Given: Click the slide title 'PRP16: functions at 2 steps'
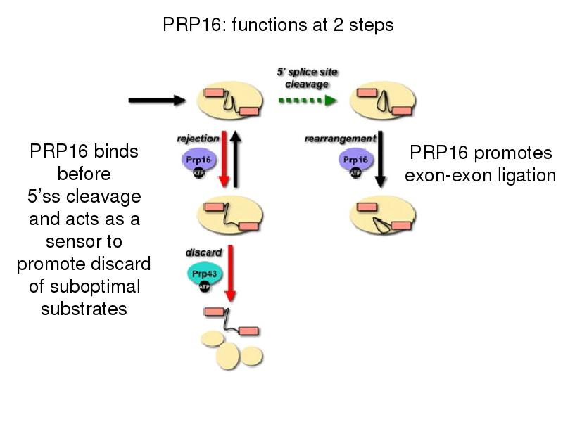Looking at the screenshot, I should click(x=278, y=25).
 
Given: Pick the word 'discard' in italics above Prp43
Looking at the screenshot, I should click(x=203, y=252).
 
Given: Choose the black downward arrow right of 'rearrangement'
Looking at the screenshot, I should click(x=381, y=159).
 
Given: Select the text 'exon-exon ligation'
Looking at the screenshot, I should click(x=480, y=175).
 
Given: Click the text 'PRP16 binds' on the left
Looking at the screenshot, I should click(x=84, y=152).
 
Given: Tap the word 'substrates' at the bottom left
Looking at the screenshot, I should click(x=84, y=309).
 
